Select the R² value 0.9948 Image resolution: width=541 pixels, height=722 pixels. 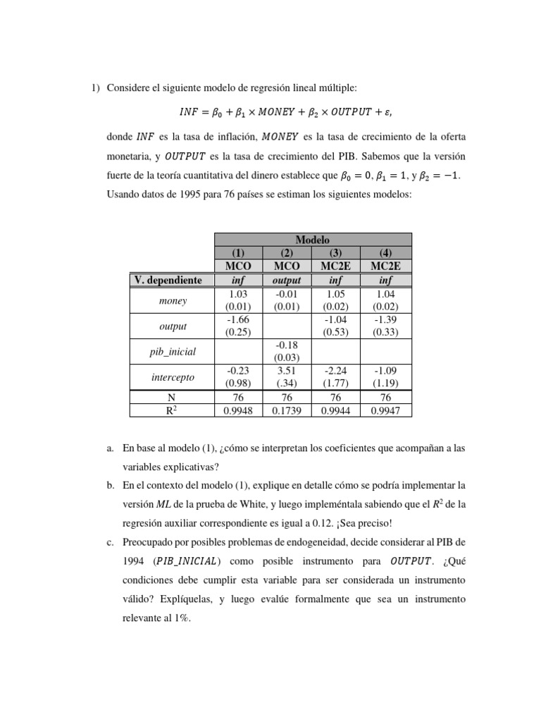(238, 410)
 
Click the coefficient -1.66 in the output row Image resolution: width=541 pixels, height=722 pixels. (238, 321)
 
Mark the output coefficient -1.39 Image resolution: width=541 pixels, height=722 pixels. (385, 321)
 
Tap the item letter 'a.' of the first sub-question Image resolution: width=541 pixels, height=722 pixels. (110, 448)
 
